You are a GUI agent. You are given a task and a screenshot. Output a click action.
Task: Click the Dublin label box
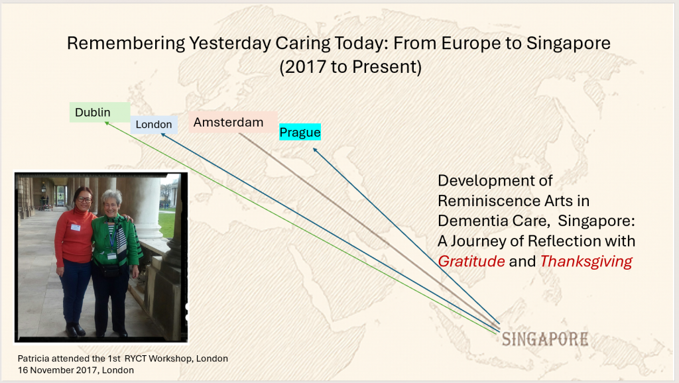pyautogui.click(x=99, y=113)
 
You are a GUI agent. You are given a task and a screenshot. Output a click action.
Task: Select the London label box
pyautogui.click(x=154, y=125)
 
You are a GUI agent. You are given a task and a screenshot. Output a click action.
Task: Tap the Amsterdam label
pyautogui.click(x=233, y=122)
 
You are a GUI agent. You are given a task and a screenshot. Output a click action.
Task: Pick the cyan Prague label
pyautogui.click(x=300, y=132)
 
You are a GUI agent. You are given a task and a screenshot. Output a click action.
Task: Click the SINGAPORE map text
pyautogui.click(x=545, y=339)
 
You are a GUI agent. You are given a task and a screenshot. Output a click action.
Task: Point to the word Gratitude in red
pyautogui.click(x=471, y=261)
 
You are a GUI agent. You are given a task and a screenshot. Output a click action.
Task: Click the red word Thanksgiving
pyautogui.click(x=586, y=261)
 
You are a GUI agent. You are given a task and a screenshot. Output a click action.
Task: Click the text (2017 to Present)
pyautogui.click(x=350, y=67)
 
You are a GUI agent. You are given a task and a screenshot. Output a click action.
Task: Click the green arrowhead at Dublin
pyautogui.click(x=107, y=124)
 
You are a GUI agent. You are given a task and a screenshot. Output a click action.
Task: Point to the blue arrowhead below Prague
pyautogui.click(x=316, y=150)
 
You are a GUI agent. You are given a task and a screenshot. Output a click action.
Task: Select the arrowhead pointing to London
pyautogui.click(x=163, y=135)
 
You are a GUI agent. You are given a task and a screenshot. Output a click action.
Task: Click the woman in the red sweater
pyautogui.click(x=74, y=261)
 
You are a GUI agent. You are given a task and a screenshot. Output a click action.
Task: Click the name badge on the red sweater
pyautogui.click(x=76, y=227)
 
